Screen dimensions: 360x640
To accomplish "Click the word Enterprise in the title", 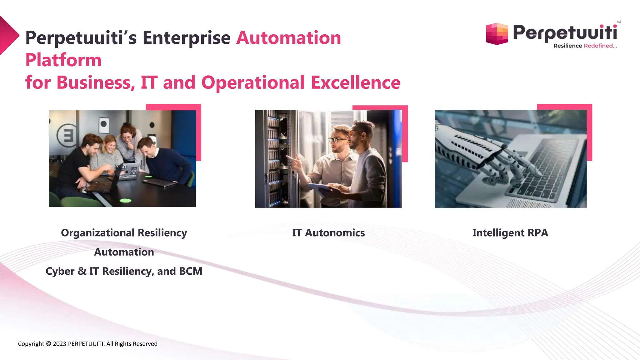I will (187, 38).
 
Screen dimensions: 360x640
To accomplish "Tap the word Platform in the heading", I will (63, 60).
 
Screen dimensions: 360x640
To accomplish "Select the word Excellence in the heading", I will (355, 82).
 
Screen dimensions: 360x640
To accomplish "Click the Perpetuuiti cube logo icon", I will (497, 34).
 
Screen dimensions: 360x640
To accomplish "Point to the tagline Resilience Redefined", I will (585, 46).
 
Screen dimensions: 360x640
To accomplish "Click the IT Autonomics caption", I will (328, 233).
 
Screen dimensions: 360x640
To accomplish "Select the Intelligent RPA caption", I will (510, 233).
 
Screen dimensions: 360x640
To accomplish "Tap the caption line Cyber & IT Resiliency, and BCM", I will (124, 271).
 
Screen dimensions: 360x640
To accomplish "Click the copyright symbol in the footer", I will (48, 344).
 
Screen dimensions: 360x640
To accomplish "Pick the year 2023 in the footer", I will (60, 344).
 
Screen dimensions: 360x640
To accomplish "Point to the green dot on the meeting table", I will (125, 200).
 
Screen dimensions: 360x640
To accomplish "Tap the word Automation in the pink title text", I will (288, 38).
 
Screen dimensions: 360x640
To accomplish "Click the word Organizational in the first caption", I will (98, 233).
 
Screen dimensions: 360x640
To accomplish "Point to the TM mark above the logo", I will (618, 22).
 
